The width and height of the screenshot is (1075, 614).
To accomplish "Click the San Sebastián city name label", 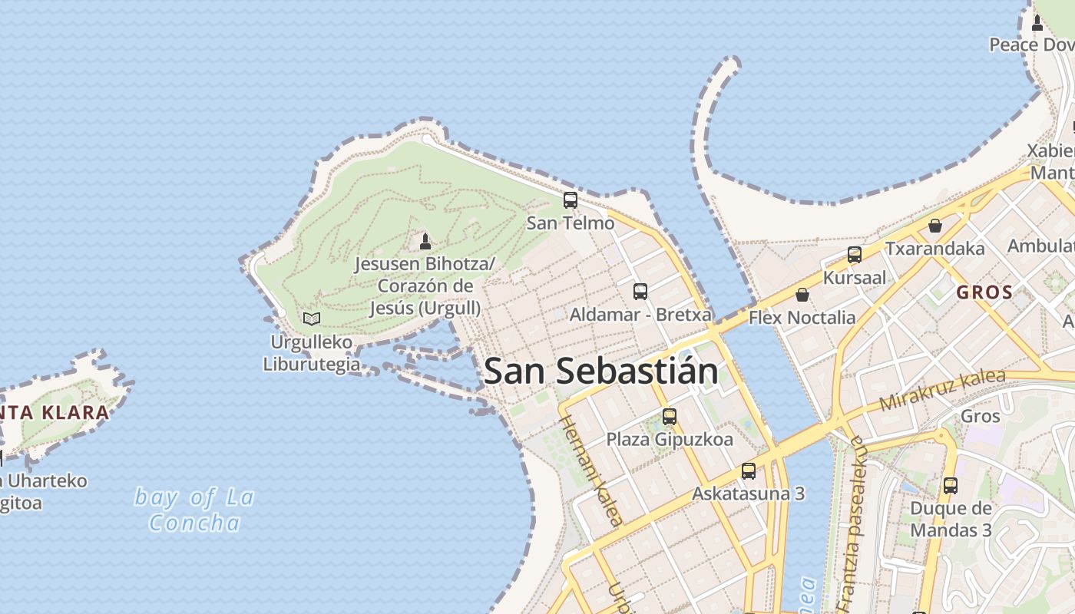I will pyautogui.click(x=601, y=371).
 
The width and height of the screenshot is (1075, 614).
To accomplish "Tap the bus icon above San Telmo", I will pyautogui.click(x=570, y=200).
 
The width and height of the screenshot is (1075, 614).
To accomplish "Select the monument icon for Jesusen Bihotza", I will pyautogui.click(x=425, y=242).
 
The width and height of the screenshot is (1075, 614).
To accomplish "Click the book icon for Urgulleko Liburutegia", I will pyautogui.click(x=311, y=319).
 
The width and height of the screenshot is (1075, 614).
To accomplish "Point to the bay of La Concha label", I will pyautogui.click(x=194, y=510).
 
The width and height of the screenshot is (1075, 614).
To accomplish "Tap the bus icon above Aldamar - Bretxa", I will pyautogui.click(x=640, y=292).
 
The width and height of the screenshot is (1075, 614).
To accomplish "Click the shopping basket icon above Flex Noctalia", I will pyautogui.click(x=802, y=295).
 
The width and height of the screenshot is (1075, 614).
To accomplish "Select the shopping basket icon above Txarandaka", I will pyautogui.click(x=934, y=226).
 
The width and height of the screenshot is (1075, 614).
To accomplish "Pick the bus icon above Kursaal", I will pyautogui.click(x=854, y=255).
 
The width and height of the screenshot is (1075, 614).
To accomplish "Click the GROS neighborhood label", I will pyautogui.click(x=984, y=292).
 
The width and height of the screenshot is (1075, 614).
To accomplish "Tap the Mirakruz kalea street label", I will pyautogui.click(x=942, y=389).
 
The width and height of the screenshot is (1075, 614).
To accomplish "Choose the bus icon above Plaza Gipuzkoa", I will pyautogui.click(x=669, y=417).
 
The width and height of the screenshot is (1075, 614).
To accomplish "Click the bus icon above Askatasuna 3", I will pyautogui.click(x=748, y=471).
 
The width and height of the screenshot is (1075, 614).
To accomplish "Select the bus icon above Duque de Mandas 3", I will pyautogui.click(x=950, y=486).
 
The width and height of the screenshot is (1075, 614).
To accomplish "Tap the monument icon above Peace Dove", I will pyautogui.click(x=1037, y=23).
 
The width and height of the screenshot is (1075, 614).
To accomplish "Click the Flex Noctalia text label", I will pyautogui.click(x=802, y=317).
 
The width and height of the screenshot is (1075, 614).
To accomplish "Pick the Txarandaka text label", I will pyautogui.click(x=934, y=249).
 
